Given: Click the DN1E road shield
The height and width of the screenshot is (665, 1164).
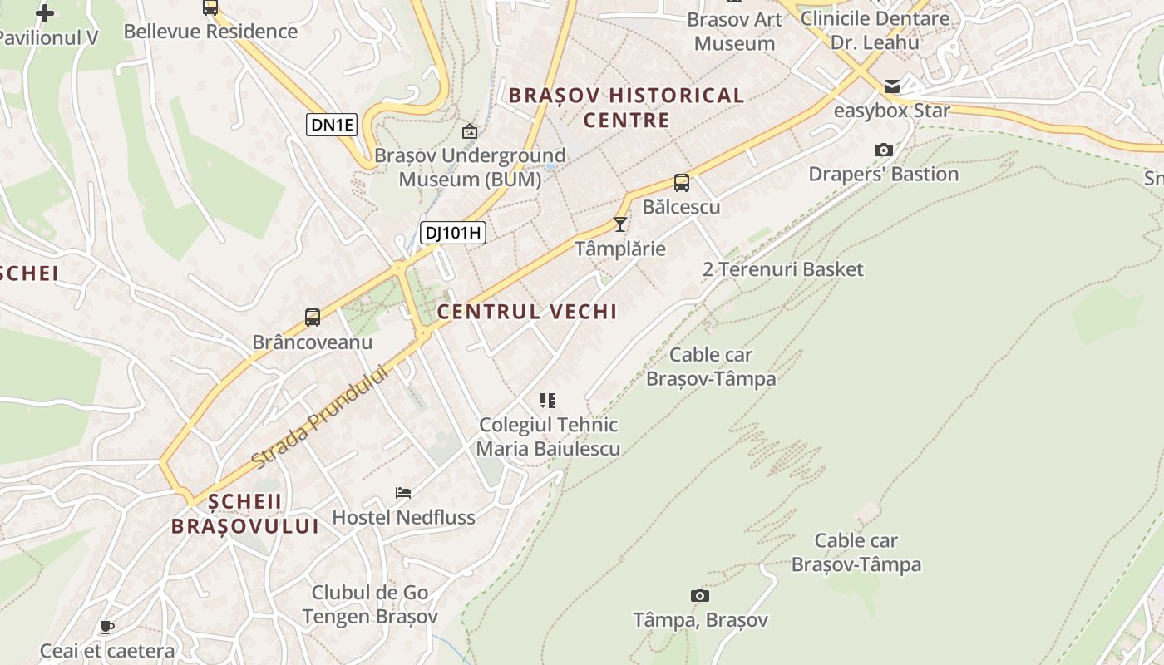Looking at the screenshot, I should [x=332, y=126].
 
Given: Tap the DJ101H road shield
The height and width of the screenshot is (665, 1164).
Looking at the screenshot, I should [x=452, y=233].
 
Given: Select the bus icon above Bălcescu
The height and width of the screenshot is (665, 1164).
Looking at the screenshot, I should [x=682, y=183].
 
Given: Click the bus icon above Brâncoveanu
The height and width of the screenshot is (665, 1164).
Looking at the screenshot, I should [x=313, y=317].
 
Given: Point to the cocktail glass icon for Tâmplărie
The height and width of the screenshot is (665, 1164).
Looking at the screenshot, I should [x=620, y=224].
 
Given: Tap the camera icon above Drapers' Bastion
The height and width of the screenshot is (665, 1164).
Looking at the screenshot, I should [x=884, y=150].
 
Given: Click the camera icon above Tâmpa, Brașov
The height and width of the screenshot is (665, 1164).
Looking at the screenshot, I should [x=700, y=595].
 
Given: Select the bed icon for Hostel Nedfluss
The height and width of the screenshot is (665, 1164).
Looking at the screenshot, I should [x=403, y=493].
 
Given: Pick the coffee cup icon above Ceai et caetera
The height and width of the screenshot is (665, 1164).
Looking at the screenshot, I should [x=106, y=627].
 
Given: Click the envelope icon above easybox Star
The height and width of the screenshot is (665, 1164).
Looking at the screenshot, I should [x=892, y=86].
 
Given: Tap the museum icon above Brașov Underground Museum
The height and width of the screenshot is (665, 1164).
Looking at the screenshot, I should [x=470, y=131].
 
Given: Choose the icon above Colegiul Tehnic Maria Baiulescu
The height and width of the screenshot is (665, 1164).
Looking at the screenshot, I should [x=548, y=401].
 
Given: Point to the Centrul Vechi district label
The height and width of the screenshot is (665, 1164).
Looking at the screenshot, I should [x=527, y=312].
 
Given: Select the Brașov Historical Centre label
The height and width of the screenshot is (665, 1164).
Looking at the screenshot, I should [x=626, y=107].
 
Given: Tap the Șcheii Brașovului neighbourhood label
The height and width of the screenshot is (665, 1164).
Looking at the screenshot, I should [x=245, y=514].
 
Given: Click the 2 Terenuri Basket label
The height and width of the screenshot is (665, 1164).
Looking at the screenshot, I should [x=782, y=269].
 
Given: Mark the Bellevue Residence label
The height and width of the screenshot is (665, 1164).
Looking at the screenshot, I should [x=210, y=32].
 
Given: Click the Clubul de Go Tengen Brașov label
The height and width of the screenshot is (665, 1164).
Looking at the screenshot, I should [x=370, y=604].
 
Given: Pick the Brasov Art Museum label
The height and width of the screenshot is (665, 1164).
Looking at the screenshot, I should [x=734, y=31].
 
